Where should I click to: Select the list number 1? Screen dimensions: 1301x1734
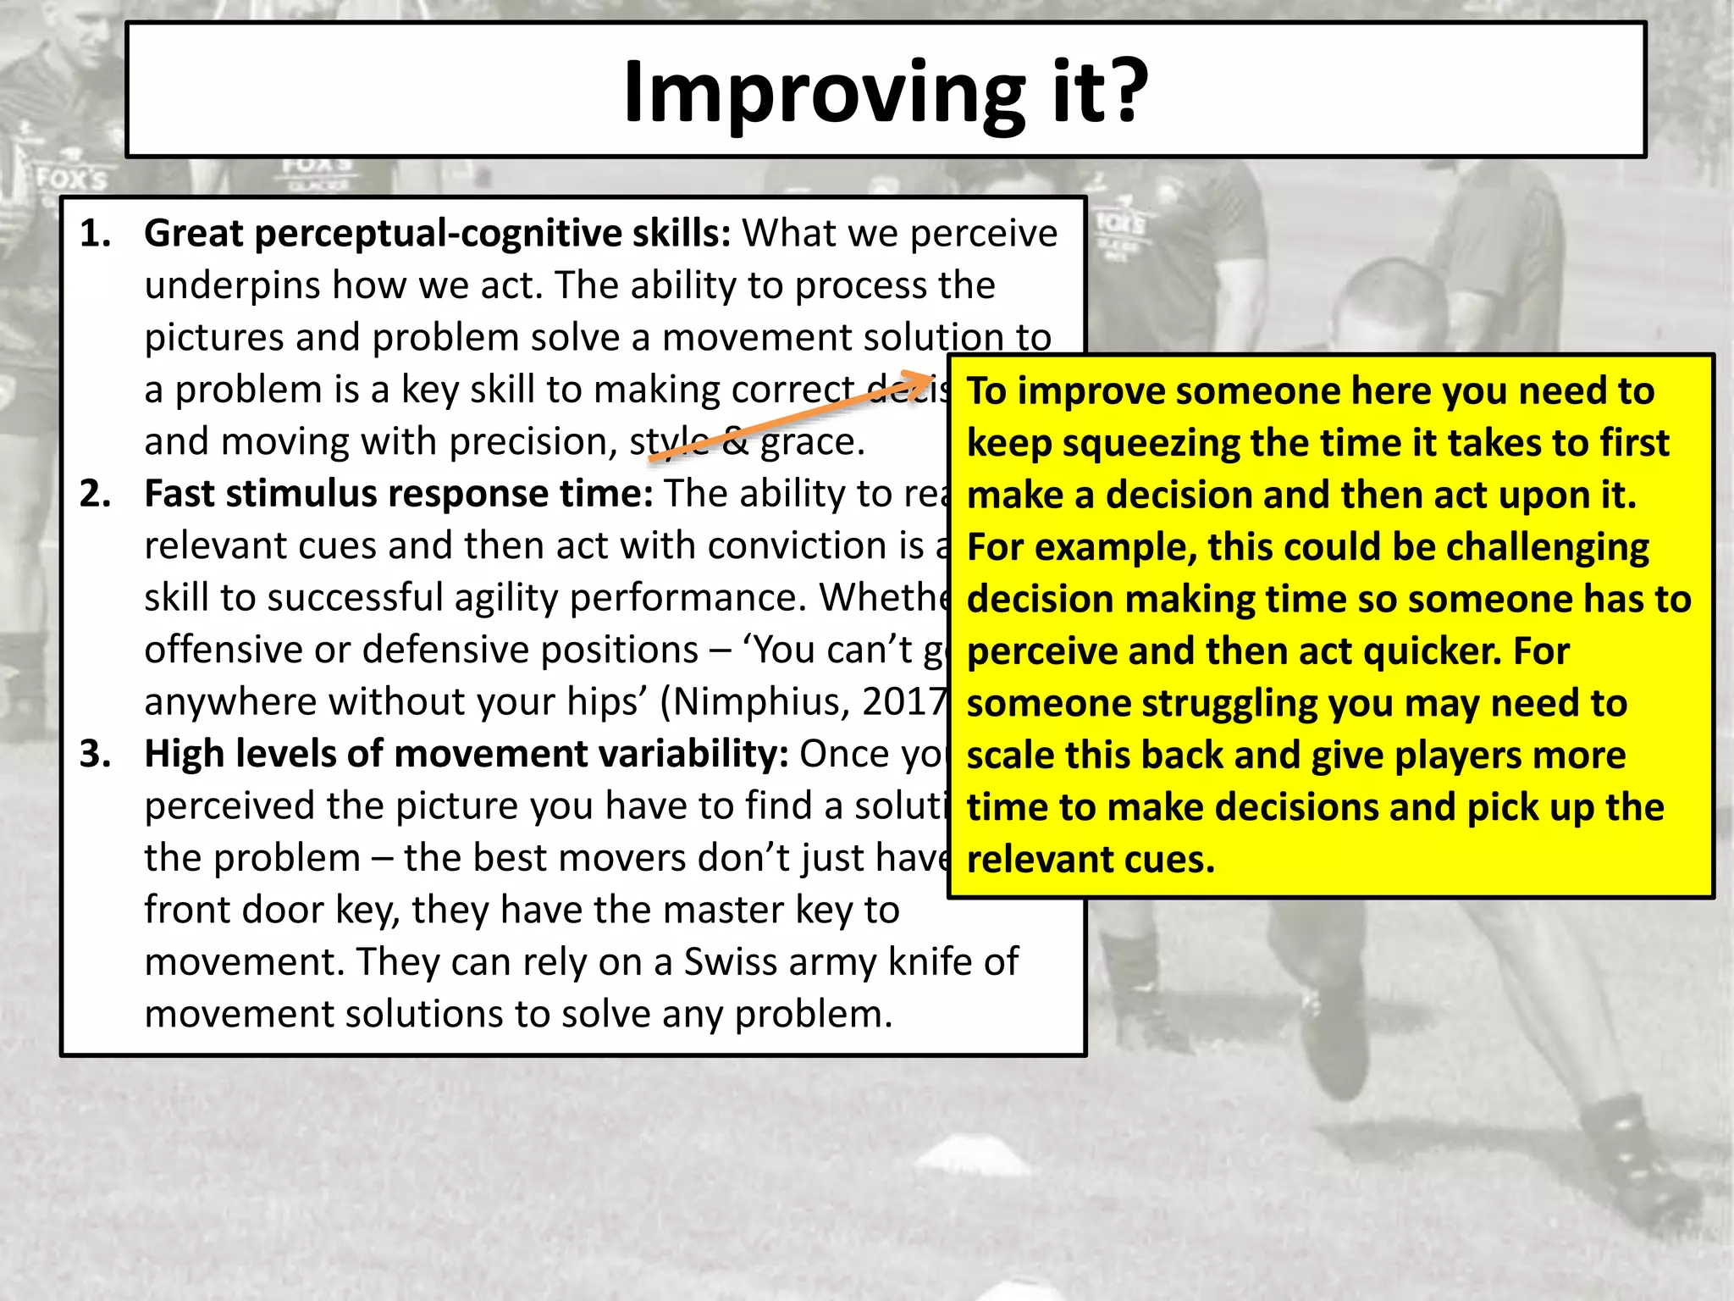tap(95, 234)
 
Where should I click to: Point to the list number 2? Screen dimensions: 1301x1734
tap(95, 494)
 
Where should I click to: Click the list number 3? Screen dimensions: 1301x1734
tap(95, 754)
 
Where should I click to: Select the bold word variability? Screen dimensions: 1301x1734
tap(694, 754)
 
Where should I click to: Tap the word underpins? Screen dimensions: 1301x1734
tap(232, 286)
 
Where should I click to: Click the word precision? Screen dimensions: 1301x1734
tap(533, 442)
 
